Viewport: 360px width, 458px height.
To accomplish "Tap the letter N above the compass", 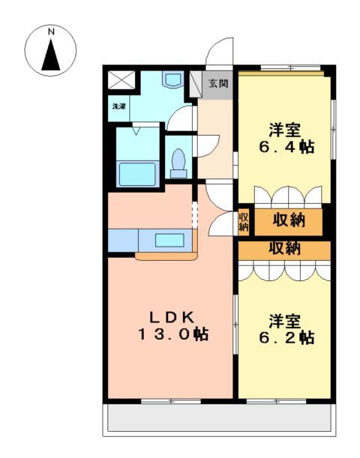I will click(52, 32).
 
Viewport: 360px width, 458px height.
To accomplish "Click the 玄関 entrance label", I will click(217, 83).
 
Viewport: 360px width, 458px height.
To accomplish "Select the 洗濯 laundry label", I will click(119, 106).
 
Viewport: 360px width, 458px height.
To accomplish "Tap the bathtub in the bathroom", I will click(137, 173).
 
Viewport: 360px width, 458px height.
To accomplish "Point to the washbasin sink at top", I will click(173, 79).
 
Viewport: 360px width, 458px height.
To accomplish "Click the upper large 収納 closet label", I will click(288, 220).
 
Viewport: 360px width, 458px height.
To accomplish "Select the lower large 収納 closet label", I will click(285, 249).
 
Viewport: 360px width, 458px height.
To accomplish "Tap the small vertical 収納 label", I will click(244, 222).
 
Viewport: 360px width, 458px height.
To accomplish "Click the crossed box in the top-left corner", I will click(120, 81).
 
